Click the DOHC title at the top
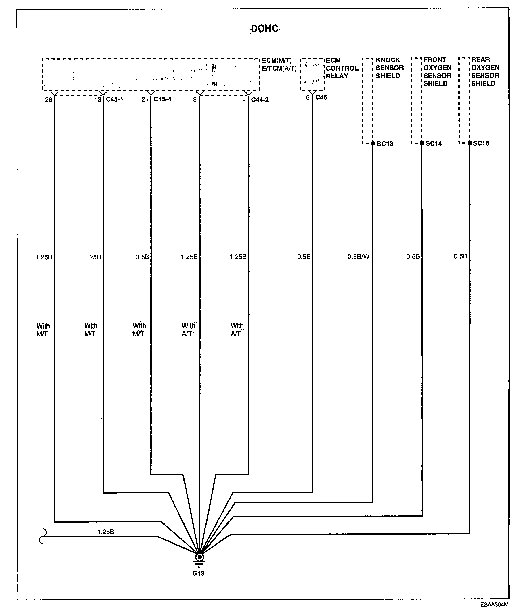[264, 28]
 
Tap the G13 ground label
[198, 573]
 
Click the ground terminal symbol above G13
[200, 558]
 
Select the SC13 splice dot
[373, 143]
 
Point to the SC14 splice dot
[422, 143]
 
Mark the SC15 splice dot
[470, 143]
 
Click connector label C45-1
[114, 100]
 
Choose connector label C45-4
[162, 100]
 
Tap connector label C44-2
[260, 100]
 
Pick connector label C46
[321, 98]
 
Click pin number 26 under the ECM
[49, 100]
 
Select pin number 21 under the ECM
[145, 100]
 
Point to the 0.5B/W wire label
[359, 257]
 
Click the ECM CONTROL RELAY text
[342, 68]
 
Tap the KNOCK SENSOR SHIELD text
[390, 68]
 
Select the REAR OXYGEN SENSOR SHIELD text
[485, 72]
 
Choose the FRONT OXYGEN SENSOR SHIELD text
[437, 72]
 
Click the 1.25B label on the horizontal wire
[106, 532]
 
